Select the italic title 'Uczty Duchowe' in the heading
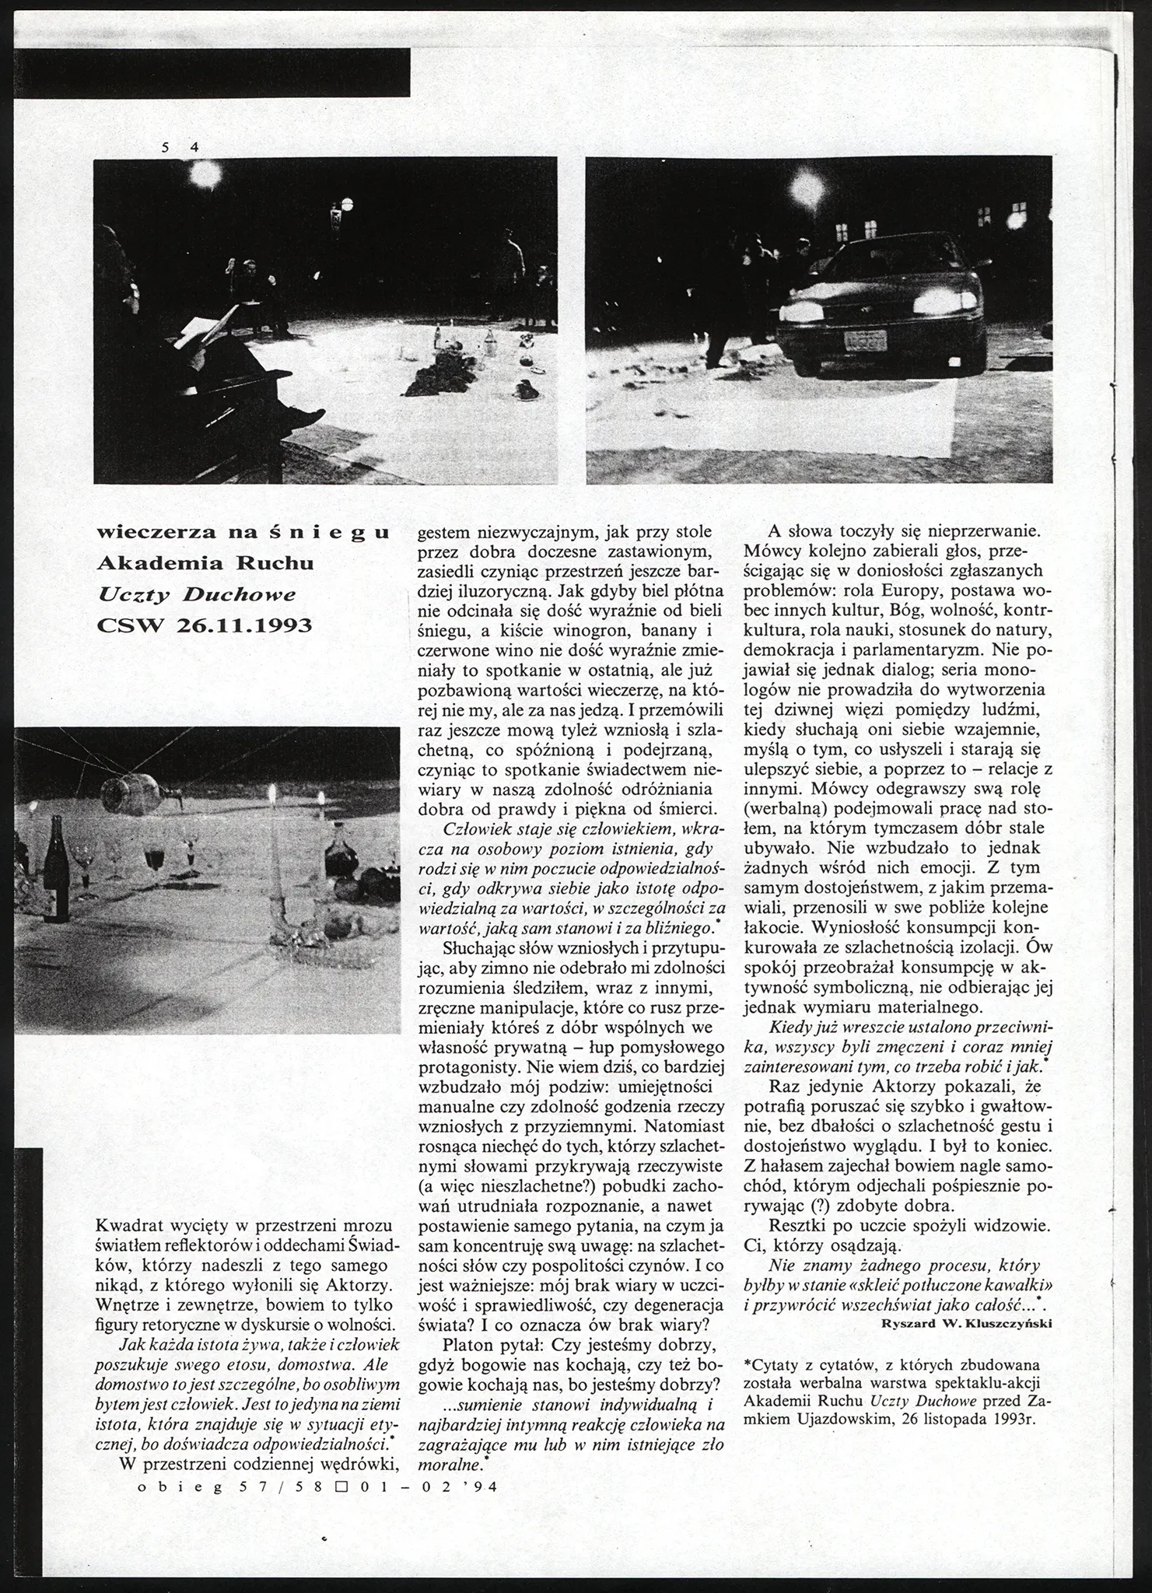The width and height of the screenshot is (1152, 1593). (x=197, y=594)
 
